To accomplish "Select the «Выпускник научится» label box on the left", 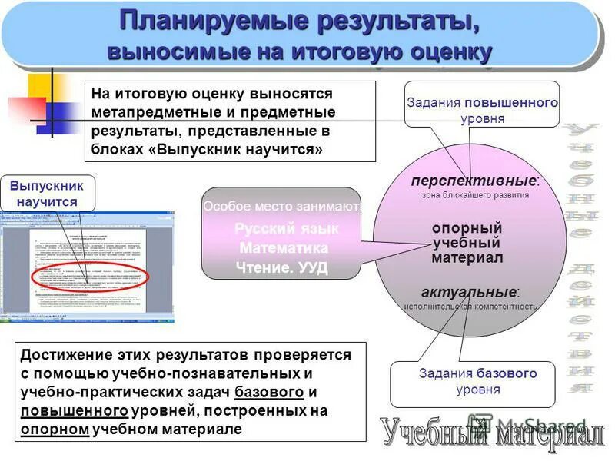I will (48, 193).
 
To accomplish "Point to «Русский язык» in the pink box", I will (286, 229).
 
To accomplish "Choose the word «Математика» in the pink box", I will (284, 248).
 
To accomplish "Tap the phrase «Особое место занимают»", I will (282, 207).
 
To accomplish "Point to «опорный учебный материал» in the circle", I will (467, 243).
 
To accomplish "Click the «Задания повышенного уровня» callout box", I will (482, 110).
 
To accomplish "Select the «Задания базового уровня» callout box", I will (477, 382).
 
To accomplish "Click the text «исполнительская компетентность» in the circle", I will (470, 307).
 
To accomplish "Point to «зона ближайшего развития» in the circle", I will (474, 195).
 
